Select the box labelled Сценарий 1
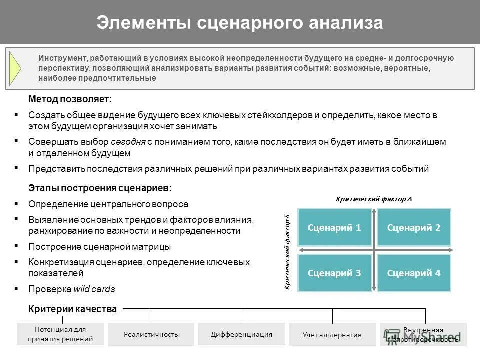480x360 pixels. [334, 228]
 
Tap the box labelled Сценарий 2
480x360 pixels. [414, 228]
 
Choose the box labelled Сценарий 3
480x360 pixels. [334, 273]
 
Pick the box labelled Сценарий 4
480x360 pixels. [414, 273]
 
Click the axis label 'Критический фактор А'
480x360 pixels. [374, 199]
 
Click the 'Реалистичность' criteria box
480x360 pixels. [151, 334]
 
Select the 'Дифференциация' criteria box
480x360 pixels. [241, 334]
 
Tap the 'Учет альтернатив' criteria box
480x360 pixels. [332, 335]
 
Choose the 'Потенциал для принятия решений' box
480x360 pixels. [60, 334]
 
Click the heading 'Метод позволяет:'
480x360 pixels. [70, 99]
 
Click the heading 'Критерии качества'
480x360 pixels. [72, 309]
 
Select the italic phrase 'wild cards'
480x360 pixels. [94, 289]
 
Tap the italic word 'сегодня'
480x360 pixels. [128, 142]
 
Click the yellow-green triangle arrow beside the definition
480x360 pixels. [15, 69]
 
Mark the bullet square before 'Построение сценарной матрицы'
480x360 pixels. [17, 246]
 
